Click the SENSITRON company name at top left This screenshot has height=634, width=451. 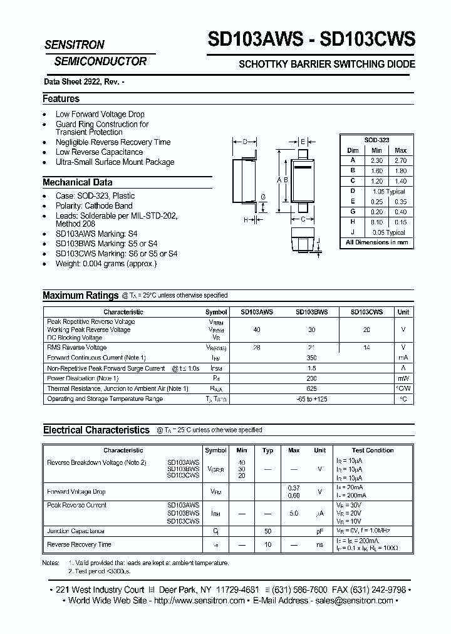point(74,45)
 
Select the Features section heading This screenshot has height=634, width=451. point(61,98)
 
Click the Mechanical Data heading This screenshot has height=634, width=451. point(77,182)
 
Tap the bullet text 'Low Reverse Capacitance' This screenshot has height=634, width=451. point(99,152)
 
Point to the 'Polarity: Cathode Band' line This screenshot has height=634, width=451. point(94,205)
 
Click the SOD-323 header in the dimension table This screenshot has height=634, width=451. point(376,140)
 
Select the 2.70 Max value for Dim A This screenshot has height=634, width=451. point(400,160)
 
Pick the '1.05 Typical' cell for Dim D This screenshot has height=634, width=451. point(388,191)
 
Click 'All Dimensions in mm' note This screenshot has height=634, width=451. point(376,242)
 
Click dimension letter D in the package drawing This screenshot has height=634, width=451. point(245,142)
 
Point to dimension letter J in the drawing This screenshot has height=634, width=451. point(318,241)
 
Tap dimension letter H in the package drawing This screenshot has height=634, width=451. point(246,220)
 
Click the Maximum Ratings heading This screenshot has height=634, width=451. point(80,296)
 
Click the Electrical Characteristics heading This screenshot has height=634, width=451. point(96,430)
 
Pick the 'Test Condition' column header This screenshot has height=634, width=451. point(373,450)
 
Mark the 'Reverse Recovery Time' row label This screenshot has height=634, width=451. point(79,545)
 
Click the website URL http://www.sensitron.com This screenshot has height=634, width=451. point(199,601)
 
